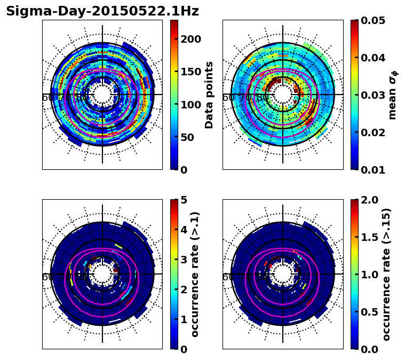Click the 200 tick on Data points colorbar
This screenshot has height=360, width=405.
pyautogui.click(x=190, y=39)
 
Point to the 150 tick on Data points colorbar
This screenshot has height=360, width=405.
pyautogui.click(x=190, y=72)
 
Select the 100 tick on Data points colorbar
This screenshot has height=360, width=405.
pyautogui.click(x=190, y=104)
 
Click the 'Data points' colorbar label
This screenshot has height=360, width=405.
pyautogui.click(x=209, y=95)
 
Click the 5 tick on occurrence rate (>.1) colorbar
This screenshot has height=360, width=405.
pyautogui.click(x=184, y=200)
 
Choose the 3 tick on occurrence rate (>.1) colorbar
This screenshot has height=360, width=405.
pyautogui.click(x=184, y=260)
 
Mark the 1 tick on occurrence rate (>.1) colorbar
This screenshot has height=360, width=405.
pyautogui.click(x=184, y=319)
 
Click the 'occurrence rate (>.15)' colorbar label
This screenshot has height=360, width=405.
pyautogui.click(x=386, y=274)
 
